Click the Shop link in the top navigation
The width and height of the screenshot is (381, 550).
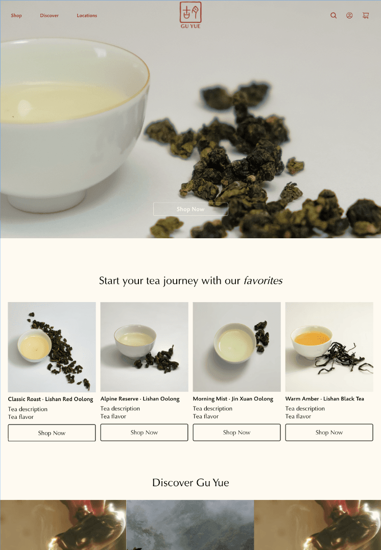(x=16, y=15)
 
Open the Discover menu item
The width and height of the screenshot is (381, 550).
(x=49, y=15)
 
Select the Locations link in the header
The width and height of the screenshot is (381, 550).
(x=87, y=15)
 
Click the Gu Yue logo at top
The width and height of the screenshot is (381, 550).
(x=190, y=15)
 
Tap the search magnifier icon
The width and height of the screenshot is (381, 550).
(x=334, y=15)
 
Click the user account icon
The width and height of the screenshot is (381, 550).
(x=349, y=15)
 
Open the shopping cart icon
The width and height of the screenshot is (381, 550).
(x=366, y=15)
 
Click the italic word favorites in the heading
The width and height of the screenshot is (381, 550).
(x=263, y=281)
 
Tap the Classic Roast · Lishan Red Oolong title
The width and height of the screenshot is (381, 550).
(x=51, y=399)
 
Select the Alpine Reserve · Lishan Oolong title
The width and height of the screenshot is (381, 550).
(x=140, y=399)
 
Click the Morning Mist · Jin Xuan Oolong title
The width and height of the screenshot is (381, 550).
(x=233, y=399)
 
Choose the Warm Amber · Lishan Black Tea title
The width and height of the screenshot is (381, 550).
(x=324, y=399)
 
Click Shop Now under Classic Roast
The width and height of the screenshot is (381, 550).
(x=52, y=433)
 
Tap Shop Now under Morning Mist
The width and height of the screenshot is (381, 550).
(x=236, y=433)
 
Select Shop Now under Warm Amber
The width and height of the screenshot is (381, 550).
(x=329, y=433)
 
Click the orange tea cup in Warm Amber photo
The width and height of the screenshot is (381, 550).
(x=312, y=342)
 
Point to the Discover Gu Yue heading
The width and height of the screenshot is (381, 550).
(x=190, y=483)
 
